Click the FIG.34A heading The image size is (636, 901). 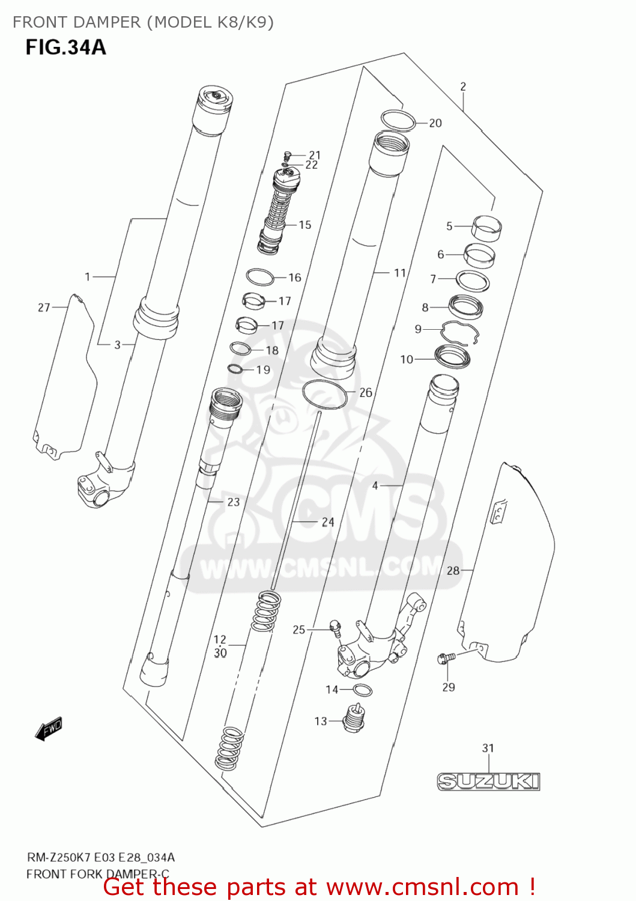point(65,47)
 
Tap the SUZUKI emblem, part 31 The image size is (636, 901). point(488,781)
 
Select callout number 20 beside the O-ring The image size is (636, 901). point(435,123)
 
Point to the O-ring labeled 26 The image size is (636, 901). point(325,394)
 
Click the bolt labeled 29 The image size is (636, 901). point(446,659)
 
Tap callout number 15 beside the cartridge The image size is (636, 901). point(305,225)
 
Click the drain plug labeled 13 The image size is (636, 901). point(354,718)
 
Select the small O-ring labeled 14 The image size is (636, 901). point(363,690)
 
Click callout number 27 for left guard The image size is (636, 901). point(44,308)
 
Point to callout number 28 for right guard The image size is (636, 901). point(453,570)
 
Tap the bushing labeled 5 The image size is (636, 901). point(486,228)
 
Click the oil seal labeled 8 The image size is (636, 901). point(465,307)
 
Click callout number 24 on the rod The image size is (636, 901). point(328,522)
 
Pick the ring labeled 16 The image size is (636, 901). point(261,278)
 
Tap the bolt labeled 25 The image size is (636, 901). point(335,628)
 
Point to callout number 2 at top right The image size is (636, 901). point(463,86)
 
